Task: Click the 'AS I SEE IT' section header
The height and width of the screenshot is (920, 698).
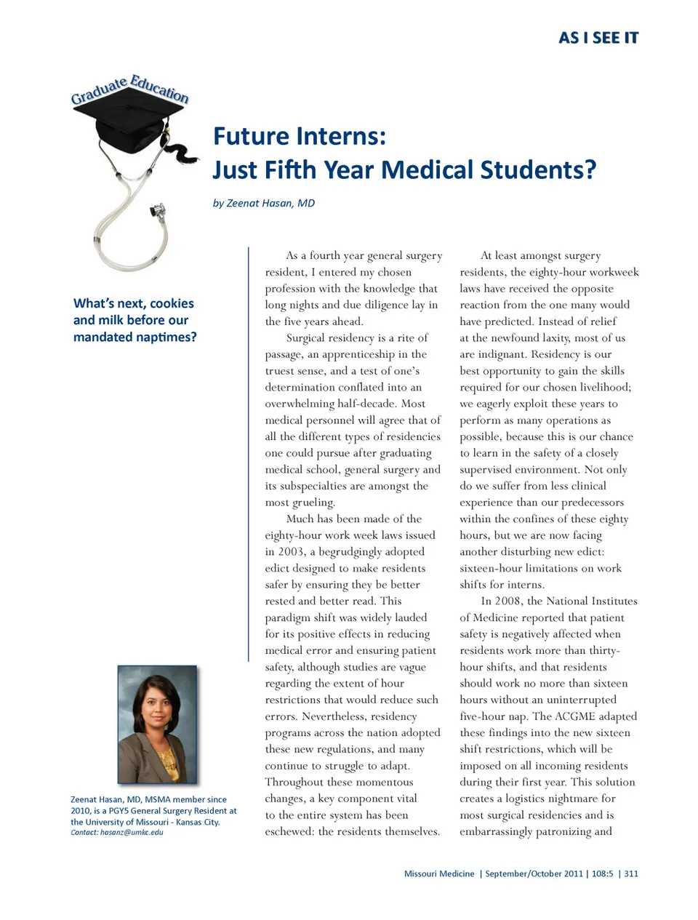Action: tap(598, 38)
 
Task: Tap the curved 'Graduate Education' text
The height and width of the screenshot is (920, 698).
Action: tap(130, 89)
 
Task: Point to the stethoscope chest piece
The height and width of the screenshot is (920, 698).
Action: tap(158, 211)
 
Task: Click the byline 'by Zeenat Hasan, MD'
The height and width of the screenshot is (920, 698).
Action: tap(263, 203)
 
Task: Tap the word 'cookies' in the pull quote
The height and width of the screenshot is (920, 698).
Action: tap(172, 303)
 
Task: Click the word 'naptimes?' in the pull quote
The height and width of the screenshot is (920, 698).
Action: tap(167, 337)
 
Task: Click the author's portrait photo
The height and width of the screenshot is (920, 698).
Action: tap(157, 724)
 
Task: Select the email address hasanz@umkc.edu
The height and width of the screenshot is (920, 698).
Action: tap(132, 832)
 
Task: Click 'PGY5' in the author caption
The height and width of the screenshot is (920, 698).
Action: tap(119, 810)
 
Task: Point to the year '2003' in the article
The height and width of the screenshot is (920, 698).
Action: tap(291, 551)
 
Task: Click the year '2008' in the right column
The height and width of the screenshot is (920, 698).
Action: tap(508, 601)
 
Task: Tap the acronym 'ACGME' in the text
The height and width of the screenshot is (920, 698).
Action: tap(575, 716)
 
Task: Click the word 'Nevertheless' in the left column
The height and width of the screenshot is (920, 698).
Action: tap(334, 716)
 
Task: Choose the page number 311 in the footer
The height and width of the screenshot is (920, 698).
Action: tap(631, 873)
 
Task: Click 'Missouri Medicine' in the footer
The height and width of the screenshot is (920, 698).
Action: tap(439, 873)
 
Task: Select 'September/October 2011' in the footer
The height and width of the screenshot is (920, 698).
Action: tap(534, 873)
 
